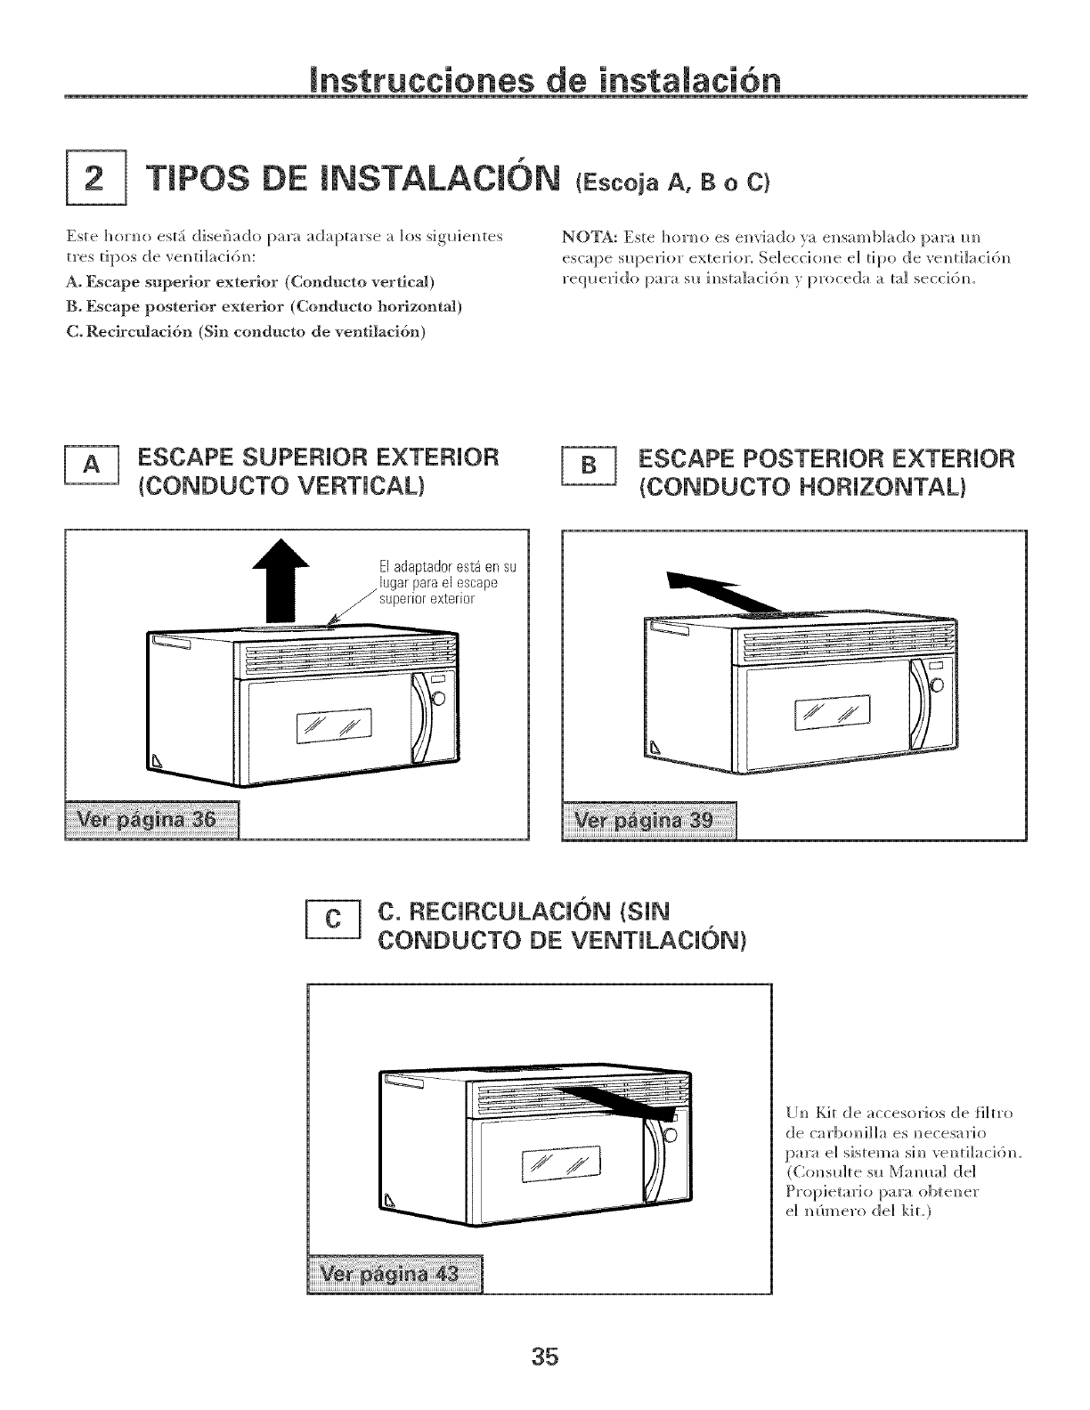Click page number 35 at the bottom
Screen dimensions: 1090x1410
click(545, 1356)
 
